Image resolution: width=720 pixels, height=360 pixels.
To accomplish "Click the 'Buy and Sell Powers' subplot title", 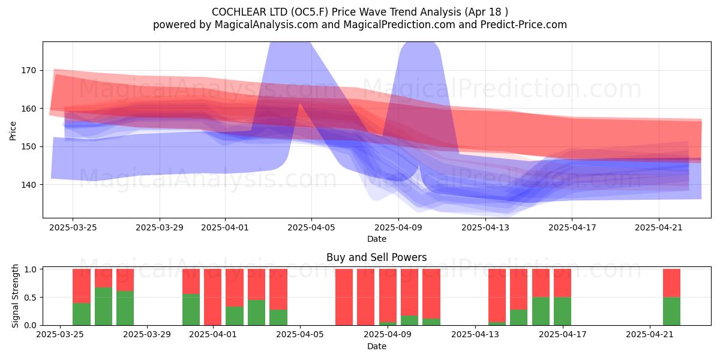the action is point(376,257).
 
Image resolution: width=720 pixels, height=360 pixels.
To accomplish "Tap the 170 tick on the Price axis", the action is point(29,70).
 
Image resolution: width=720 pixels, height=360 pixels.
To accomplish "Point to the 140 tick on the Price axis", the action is point(29,185).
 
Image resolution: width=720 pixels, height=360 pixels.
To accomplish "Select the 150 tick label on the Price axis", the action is point(29,146).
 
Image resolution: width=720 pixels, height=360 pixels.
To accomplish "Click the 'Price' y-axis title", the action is point(13,131).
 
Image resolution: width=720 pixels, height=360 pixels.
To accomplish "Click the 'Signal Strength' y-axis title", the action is point(15,296).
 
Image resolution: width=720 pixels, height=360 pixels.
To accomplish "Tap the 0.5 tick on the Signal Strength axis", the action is point(30,298).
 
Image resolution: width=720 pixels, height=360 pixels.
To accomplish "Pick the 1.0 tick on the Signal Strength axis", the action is point(30,269).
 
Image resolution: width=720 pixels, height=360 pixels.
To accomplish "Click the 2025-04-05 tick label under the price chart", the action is point(311,227).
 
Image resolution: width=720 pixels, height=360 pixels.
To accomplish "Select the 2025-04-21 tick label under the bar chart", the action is point(650,335).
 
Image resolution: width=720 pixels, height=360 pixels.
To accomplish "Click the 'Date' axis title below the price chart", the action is point(377,239).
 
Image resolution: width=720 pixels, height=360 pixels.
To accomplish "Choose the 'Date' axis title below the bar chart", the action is point(377,346).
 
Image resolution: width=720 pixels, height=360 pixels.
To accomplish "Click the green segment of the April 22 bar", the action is point(672,311).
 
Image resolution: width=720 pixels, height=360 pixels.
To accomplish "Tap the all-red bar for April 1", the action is point(213,297).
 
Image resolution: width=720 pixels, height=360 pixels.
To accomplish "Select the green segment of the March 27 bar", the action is point(103,307).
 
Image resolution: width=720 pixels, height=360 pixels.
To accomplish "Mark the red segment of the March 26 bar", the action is point(82,286).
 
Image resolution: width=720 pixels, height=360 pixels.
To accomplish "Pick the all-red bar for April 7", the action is point(344,297).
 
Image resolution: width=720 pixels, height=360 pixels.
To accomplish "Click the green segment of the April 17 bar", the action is point(563,311).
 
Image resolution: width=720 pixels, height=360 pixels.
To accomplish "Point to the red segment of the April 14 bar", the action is point(497,296).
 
